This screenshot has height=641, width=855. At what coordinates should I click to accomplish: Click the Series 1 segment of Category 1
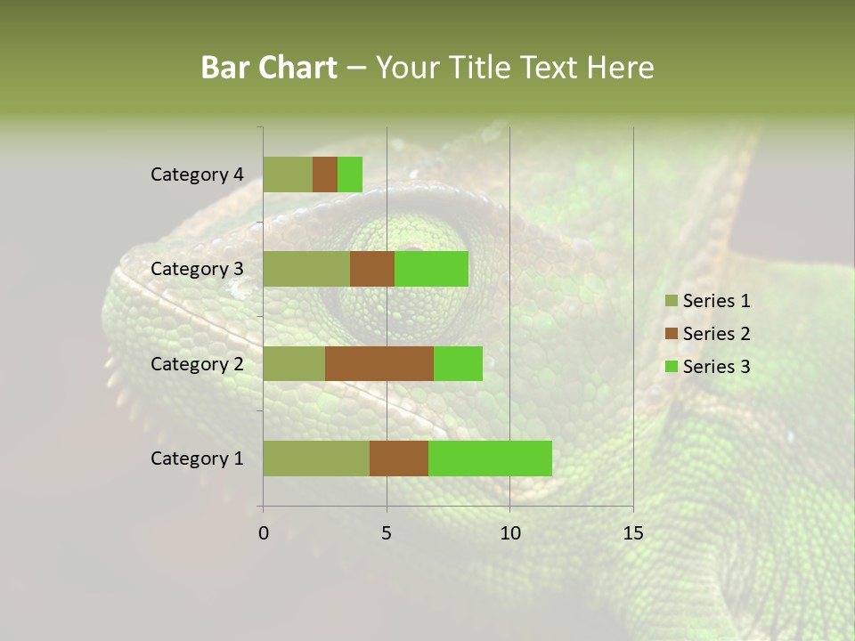click(x=316, y=458)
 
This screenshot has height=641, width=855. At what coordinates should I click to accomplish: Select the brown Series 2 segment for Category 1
click(x=399, y=458)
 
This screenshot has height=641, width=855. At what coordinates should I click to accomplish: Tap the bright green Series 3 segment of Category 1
click(x=490, y=458)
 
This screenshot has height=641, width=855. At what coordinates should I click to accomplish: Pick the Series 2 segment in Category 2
click(x=379, y=363)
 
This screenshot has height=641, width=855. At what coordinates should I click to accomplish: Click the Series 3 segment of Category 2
click(x=458, y=363)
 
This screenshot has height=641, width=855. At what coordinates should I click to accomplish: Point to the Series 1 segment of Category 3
click(x=306, y=269)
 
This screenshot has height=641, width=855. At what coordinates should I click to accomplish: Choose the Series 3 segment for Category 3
click(x=431, y=269)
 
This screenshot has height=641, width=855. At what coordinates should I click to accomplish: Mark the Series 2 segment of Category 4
click(x=325, y=174)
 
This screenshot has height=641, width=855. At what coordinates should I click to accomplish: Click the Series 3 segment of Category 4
click(x=350, y=174)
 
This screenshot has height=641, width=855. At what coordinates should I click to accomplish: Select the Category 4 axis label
click(x=197, y=174)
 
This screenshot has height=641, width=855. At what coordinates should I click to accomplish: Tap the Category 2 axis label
click(x=197, y=363)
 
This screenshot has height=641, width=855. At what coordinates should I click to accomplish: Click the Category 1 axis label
click(x=197, y=458)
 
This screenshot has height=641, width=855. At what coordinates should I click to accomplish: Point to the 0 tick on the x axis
click(x=264, y=533)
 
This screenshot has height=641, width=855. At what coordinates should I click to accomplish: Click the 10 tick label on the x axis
click(x=509, y=533)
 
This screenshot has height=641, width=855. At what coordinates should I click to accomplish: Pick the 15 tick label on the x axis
click(x=632, y=533)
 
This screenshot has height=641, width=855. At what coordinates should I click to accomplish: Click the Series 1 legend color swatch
click(x=671, y=301)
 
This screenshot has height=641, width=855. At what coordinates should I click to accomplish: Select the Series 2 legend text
click(x=716, y=334)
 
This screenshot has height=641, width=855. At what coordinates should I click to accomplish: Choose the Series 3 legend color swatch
click(x=671, y=367)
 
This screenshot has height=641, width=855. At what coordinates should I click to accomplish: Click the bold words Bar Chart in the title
click(x=269, y=68)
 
